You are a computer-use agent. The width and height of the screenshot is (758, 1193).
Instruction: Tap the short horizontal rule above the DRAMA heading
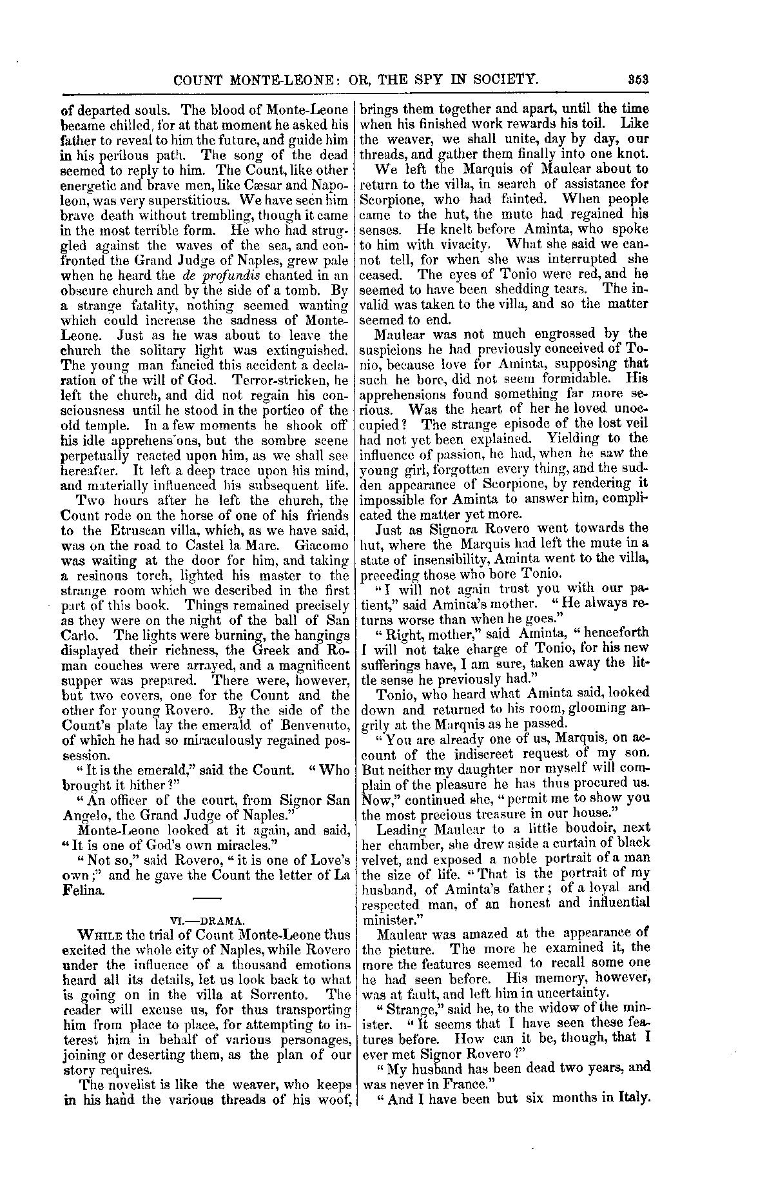[x=207, y=898]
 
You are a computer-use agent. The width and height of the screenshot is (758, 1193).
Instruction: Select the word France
[x=470, y=1084]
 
